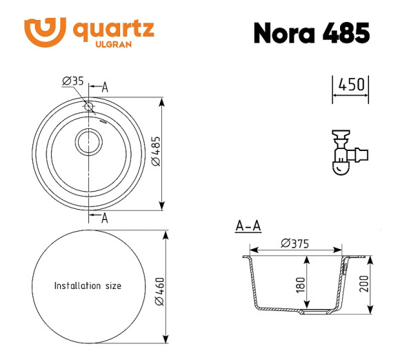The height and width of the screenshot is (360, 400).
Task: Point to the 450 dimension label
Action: point(350,85)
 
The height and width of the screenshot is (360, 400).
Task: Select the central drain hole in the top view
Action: point(88,142)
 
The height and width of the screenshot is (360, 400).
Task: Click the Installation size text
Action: point(88,286)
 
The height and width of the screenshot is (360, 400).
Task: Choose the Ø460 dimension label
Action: point(159,290)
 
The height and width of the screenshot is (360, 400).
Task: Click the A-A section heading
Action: point(248,226)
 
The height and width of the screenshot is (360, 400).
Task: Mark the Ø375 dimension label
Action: point(294,243)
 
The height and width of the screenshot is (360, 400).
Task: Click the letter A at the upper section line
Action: point(105,88)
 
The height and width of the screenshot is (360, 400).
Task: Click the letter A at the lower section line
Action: point(105,219)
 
